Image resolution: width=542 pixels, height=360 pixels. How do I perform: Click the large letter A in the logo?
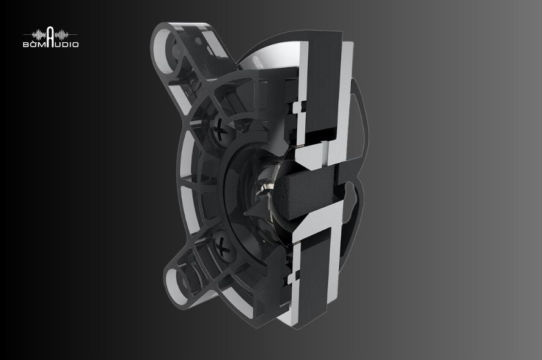50,36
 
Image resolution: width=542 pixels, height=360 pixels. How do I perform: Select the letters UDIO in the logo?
67,44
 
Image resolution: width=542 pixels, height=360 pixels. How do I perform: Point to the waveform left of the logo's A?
39,35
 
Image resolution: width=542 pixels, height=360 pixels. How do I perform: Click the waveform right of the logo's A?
62,35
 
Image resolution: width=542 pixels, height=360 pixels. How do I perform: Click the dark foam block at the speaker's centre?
304,194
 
